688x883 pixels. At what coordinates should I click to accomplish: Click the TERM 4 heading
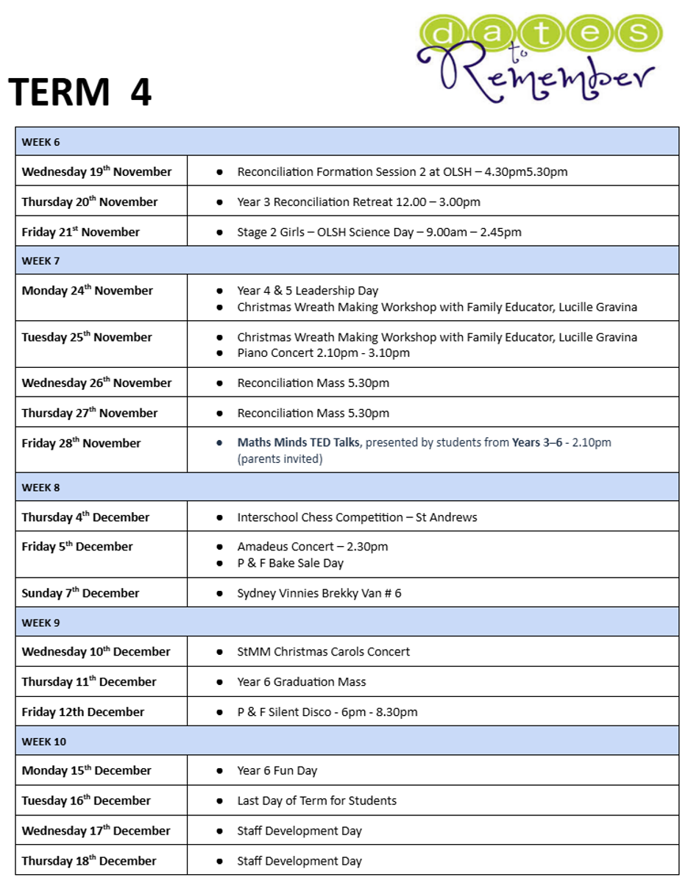pos(80,93)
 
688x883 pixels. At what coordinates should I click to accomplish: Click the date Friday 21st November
pos(80,232)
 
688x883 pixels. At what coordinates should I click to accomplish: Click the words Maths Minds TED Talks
pos(299,443)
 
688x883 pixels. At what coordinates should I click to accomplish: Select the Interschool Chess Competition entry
pos(357,517)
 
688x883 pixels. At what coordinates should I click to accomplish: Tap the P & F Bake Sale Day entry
pos(290,563)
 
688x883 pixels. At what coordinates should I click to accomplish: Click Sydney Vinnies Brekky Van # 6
pos(319,593)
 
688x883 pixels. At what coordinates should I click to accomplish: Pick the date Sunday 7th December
pos(80,593)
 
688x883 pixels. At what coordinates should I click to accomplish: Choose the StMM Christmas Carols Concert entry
pos(323,652)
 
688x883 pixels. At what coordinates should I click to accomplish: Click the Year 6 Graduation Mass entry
pos(301,682)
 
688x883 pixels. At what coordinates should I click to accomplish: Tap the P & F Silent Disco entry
pos(327,712)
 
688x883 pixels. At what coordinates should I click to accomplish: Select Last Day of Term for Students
pos(316,801)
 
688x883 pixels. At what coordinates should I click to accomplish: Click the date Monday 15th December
pos(86,770)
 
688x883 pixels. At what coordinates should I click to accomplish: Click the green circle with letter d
pos(440,32)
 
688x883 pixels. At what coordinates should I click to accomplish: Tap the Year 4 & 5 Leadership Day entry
pos(308,291)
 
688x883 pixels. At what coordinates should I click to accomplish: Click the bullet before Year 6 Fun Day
pos(219,771)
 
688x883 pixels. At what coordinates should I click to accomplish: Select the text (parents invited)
pos(280,459)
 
